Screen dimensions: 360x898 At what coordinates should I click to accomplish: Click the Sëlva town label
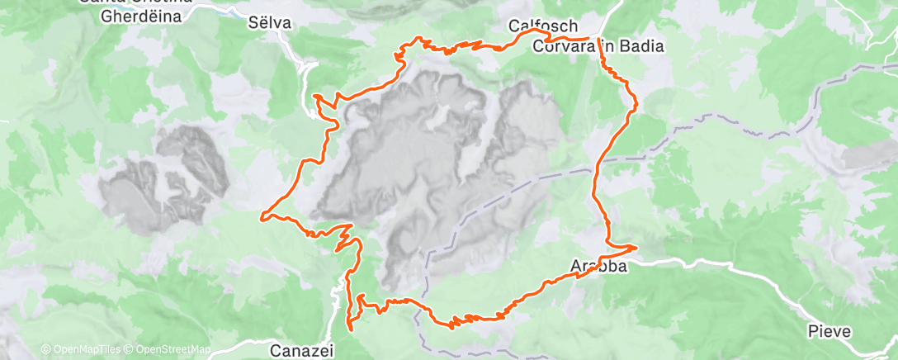270,23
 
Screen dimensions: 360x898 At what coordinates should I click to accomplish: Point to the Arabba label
599,266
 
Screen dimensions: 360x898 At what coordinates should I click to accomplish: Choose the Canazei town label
302,351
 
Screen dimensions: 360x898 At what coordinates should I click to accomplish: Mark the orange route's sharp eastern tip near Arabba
637,246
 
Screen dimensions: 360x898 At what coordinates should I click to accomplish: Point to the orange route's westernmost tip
262,217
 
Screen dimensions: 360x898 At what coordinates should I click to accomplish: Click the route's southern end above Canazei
351,328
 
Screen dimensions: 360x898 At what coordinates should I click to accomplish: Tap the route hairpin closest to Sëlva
317,97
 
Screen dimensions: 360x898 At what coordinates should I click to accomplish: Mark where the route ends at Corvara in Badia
591,38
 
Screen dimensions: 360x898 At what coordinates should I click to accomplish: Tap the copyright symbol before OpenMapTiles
45,349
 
